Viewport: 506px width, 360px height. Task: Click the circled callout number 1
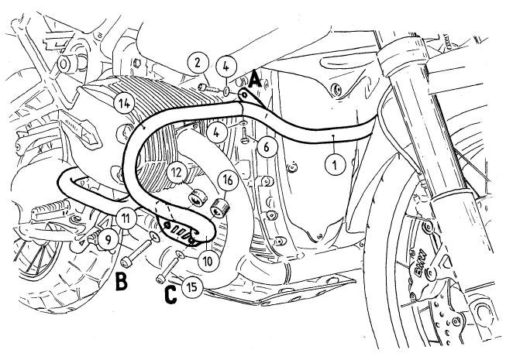[334, 163]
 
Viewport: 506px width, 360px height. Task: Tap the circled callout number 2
[197, 62]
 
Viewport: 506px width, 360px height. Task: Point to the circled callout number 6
[265, 144]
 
